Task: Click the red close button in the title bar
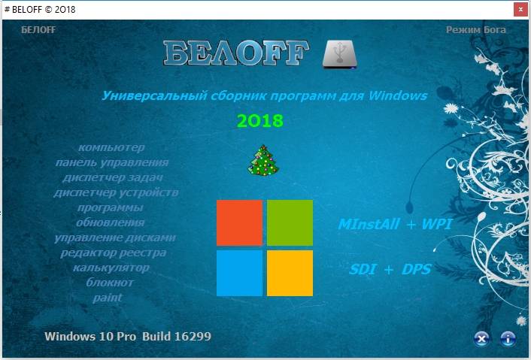coord(520,10)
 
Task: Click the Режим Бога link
coord(476,30)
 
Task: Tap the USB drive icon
coord(340,54)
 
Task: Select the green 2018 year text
coord(260,121)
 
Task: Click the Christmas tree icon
coord(263,160)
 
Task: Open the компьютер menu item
coord(111,147)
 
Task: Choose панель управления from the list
coord(112,163)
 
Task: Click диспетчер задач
coord(113,177)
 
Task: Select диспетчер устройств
coord(116,192)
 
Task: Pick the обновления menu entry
coord(111,222)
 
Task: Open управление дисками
coord(115,237)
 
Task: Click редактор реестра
coord(114,253)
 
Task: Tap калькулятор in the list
coord(111,268)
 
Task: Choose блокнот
coord(110,282)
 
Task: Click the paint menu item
coord(108,298)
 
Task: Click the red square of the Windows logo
coord(239,222)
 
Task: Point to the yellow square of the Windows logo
coord(290,273)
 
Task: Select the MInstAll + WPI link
coord(395,224)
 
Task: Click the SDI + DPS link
coord(390,269)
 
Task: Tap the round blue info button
coord(508,338)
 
